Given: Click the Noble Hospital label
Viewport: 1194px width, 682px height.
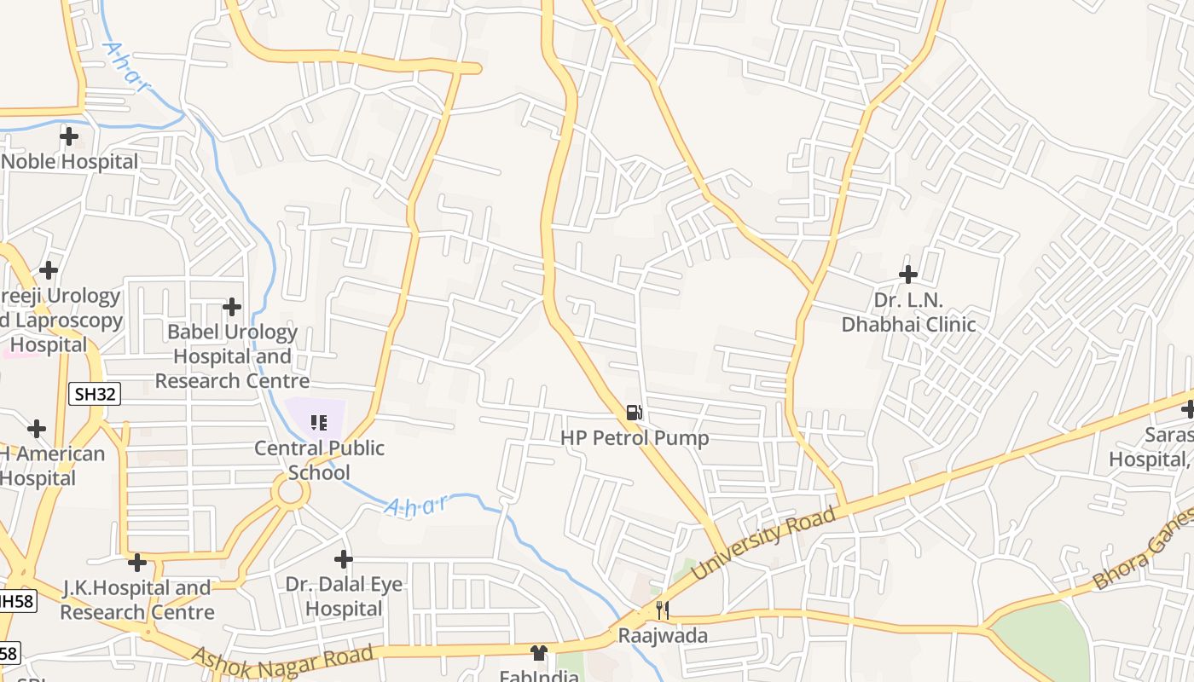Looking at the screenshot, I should tap(70, 162).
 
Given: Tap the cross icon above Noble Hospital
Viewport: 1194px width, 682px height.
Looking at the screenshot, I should tap(69, 136).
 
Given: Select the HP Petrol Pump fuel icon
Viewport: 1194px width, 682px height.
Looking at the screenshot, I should tap(634, 413).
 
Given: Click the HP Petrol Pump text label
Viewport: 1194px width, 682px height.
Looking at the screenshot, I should tap(635, 438).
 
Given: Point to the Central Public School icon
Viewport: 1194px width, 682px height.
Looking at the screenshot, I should tap(319, 422).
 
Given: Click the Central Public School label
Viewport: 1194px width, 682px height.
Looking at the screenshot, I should tap(320, 459).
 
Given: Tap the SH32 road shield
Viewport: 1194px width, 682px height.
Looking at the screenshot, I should tap(94, 394).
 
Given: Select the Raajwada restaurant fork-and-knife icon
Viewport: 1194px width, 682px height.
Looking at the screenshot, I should tap(661, 610).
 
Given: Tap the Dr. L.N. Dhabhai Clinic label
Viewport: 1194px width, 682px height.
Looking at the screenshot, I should tap(908, 312).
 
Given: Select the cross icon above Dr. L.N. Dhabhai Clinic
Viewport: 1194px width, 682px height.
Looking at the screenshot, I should tap(908, 275).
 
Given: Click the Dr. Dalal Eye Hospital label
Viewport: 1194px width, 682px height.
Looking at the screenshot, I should tap(344, 597).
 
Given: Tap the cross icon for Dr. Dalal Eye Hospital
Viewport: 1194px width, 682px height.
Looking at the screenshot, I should tap(344, 559).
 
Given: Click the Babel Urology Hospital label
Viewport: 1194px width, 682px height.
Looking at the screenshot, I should tap(232, 356).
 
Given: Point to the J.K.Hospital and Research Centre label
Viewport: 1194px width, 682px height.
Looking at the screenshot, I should tap(137, 600).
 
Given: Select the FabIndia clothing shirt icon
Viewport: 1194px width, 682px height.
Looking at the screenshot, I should tap(538, 653).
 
